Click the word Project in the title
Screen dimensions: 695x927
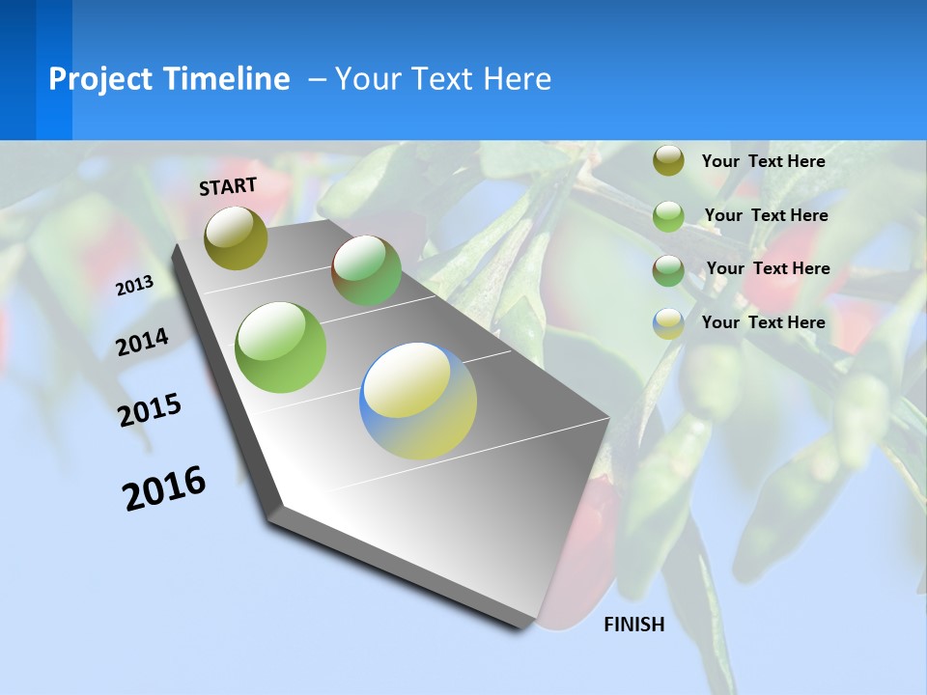100,79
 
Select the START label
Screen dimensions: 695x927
228,185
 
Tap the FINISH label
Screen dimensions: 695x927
634,625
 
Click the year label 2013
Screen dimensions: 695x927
134,286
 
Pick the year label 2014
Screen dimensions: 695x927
142,343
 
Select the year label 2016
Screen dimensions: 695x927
164,488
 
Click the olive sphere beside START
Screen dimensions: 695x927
236,237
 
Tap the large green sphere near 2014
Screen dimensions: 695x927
281,347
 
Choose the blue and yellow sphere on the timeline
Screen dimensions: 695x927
418,401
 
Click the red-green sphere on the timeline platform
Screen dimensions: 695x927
366,270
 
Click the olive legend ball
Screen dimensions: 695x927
668,161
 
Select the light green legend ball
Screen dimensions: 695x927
668,216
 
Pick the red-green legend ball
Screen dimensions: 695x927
668,270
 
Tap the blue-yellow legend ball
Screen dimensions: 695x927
668,323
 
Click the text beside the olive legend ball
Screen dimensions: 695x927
763,161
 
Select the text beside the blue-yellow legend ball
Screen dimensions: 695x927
763,322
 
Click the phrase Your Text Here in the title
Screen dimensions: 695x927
443,79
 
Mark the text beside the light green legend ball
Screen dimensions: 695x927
766,215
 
